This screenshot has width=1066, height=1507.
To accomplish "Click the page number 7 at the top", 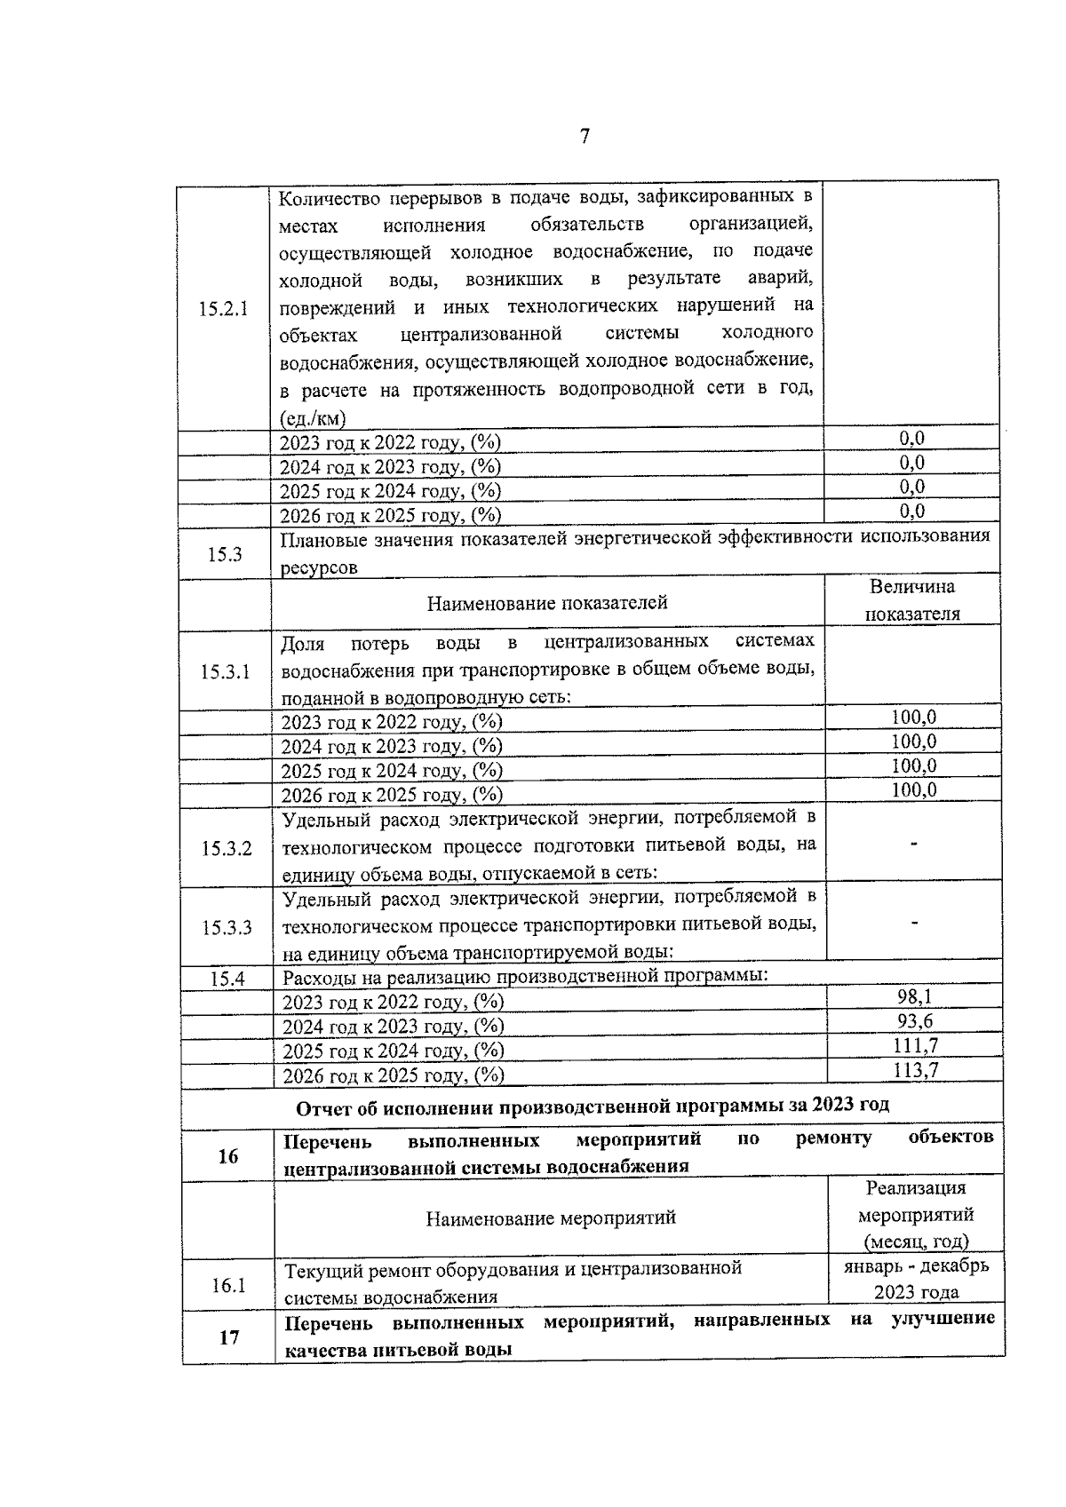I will [585, 137].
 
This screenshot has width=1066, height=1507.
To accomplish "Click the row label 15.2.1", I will [223, 310].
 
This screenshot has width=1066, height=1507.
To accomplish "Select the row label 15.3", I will [225, 555].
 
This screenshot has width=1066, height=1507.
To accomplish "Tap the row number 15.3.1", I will [225, 672].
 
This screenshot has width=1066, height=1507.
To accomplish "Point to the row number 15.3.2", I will [227, 849].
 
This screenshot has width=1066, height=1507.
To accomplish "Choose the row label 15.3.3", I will [227, 928].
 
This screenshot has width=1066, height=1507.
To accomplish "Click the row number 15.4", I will [227, 980].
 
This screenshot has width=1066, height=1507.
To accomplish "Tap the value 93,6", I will [915, 1022].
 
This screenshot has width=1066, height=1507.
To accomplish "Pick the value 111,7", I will [915, 1047].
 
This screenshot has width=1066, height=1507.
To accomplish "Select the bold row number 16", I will [228, 1156].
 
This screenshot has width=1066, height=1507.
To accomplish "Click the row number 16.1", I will [228, 1285].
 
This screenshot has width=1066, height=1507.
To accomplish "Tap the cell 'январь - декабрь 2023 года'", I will [916, 1279].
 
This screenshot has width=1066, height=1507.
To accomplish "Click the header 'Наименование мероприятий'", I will [551, 1218].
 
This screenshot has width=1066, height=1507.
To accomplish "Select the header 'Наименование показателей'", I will [547, 604].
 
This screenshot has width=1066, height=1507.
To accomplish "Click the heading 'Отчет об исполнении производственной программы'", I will [593, 1106].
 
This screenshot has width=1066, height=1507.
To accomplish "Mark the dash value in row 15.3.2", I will [914, 844].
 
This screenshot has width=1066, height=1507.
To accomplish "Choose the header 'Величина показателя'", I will [912, 600].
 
